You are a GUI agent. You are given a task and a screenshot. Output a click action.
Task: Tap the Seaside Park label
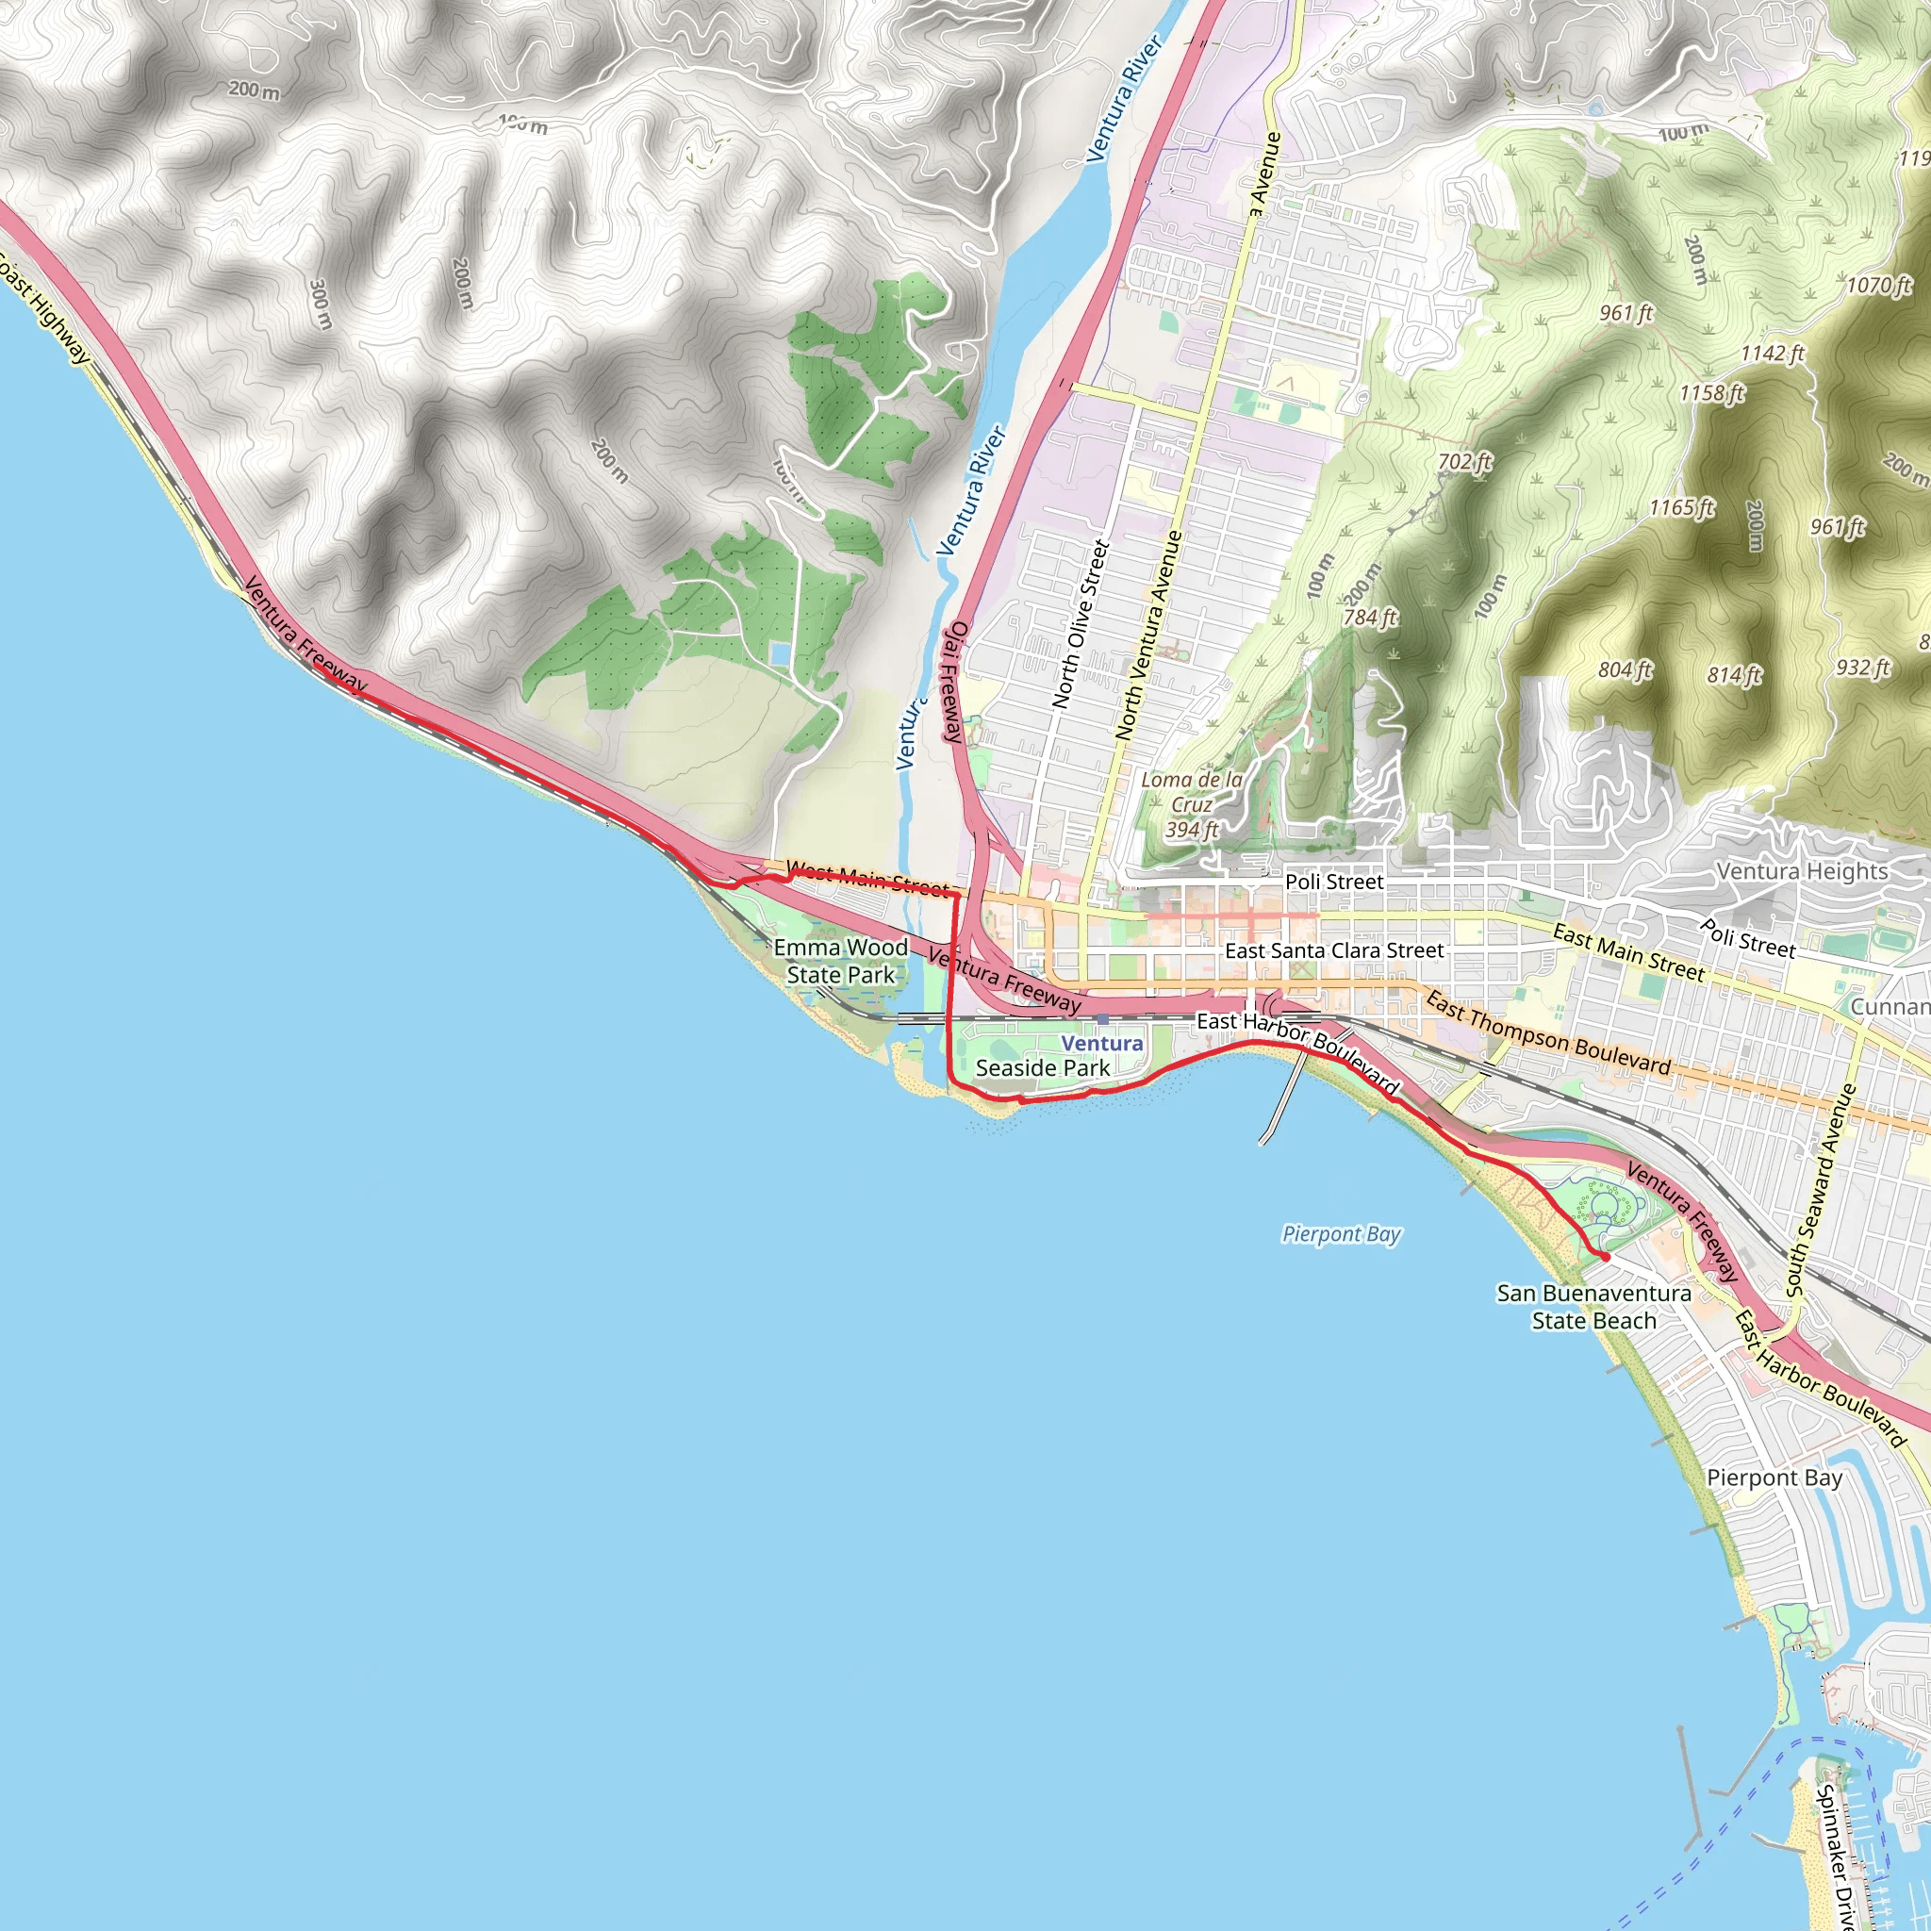tap(1043, 1067)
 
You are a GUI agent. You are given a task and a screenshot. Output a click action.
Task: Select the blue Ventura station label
tap(1101, 1043)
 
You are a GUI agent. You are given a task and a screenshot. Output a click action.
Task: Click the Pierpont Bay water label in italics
tap(1342, 1234)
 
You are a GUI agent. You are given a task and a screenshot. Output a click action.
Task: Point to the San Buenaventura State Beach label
tap(1593, 1306)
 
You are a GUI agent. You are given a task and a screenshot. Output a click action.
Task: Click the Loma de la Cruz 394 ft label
tap(1192, 804)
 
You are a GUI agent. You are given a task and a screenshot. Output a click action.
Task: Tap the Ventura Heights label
tap(1802, 870)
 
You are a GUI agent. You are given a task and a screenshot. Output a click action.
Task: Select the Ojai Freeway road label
tap(954, 682)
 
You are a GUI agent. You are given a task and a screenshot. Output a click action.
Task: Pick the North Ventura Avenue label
tap(1148, 635)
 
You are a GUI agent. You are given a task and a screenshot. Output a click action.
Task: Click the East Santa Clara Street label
tap(1333, 950)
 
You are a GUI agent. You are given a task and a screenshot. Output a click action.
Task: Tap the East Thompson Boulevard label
tap(1547, 1032)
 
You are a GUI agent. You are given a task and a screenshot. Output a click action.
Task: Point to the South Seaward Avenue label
tap(1821, 1189)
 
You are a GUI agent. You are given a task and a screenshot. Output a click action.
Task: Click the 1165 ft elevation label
tap(1681, 508)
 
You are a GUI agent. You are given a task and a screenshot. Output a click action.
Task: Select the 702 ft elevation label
tap(1464, 461)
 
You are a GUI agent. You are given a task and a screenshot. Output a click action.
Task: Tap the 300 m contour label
tap(320, 304)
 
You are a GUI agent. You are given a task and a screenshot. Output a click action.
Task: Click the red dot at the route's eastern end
tap(1605, 1256)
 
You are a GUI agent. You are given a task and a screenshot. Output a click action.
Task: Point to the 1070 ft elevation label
tap(1878, 286)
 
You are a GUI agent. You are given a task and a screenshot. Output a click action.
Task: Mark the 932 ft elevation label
tap(1862, 667)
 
